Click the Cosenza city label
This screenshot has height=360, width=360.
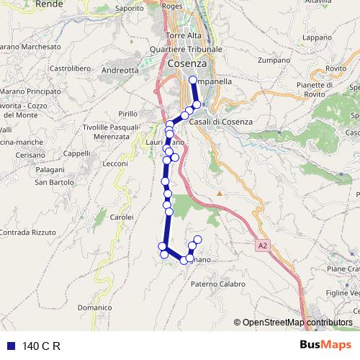186,64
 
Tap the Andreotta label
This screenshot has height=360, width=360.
120,71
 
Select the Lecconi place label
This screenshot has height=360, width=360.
115,164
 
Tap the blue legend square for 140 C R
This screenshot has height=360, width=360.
9,346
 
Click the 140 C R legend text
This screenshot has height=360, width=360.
42,346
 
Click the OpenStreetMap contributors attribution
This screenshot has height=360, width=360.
297,323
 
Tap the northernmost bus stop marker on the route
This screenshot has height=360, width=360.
192,80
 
